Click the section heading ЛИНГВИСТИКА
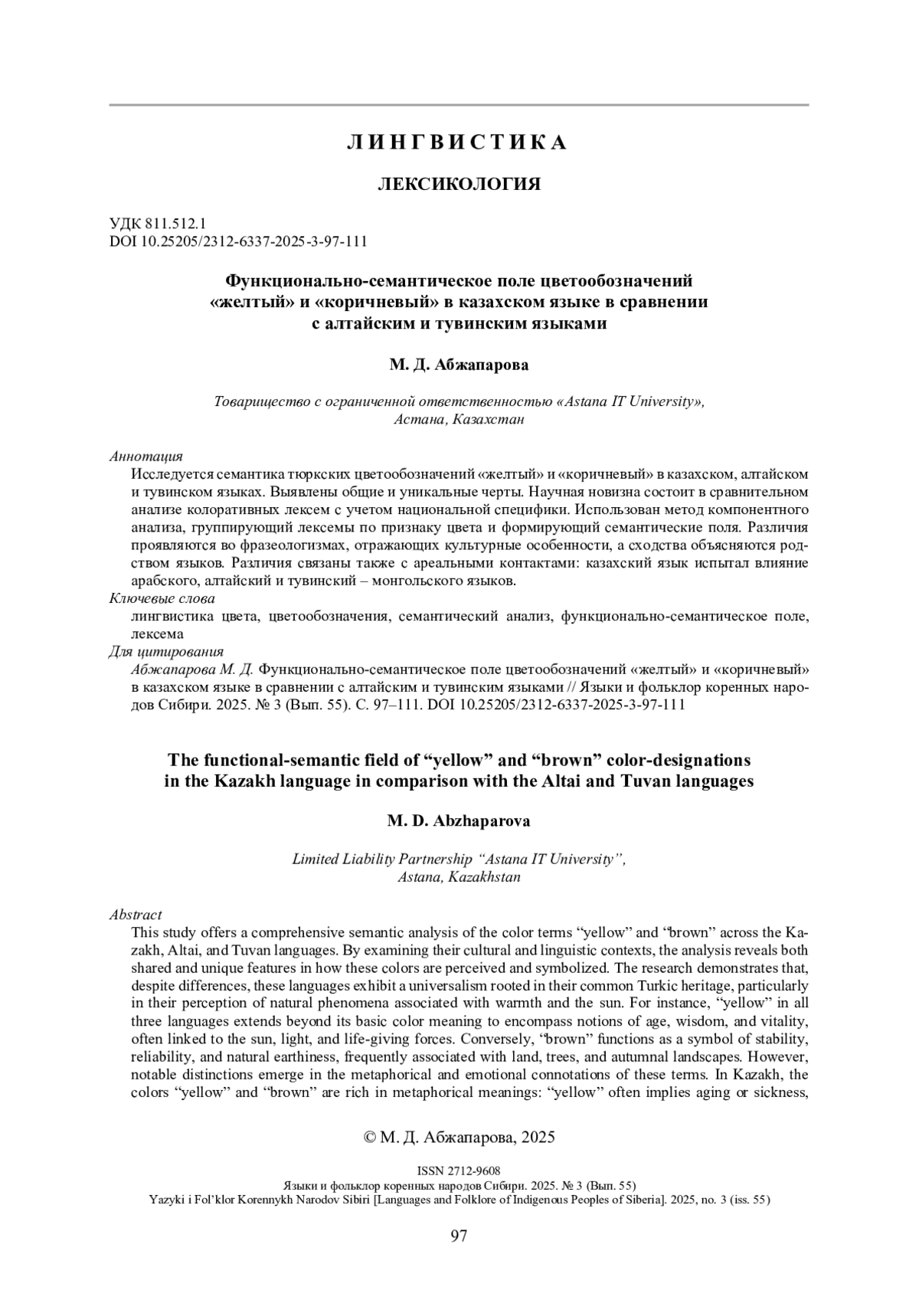tap(458, 142)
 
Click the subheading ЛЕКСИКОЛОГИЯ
tap(459, 184)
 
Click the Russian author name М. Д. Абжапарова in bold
tap(459, 365)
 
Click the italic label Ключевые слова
tap(162, 598)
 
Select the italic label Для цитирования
tap(167, 652)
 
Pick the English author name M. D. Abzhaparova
tap(459, 821)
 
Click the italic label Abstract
tap(136, 915)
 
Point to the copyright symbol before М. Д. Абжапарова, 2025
tap(369, 1138)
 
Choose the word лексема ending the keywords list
tap(158, 634)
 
